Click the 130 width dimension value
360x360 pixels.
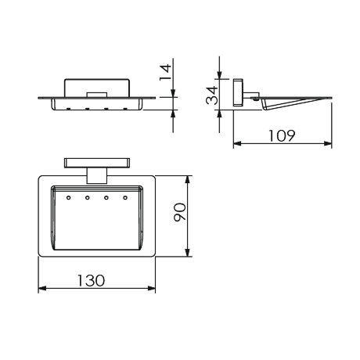pos(91,280)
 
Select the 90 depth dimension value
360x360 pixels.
pos(180,212)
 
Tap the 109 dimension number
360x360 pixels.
pos(282,135)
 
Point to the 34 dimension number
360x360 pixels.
pos(211,95)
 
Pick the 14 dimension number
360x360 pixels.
pos(165,73)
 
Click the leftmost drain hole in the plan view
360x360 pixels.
pos(69,198)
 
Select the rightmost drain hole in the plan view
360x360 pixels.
pos(125,198)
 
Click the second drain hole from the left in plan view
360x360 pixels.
pos(88,198)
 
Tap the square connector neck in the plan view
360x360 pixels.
pos(97,175)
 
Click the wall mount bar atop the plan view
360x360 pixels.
pos(97,163)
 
